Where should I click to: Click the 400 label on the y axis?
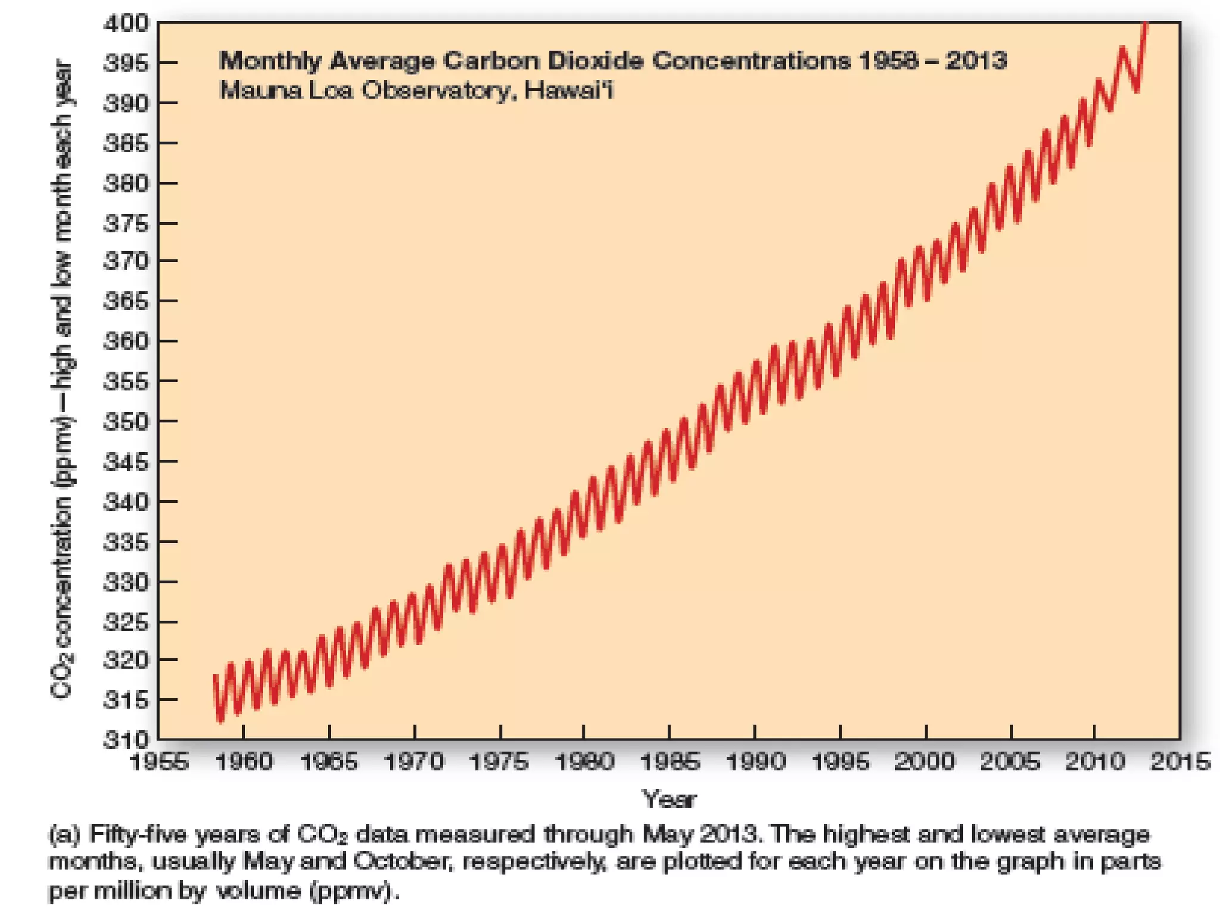pos(126,23)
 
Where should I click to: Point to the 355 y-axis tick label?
pos(126,381)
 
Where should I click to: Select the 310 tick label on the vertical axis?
pos(126,740)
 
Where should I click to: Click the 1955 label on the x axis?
pos(158,762)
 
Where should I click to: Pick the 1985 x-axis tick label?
pos(670,762)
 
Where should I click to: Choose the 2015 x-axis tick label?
pos(1180,762)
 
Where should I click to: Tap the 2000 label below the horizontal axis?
pos(925,762)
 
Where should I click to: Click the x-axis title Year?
pos(668,799)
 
